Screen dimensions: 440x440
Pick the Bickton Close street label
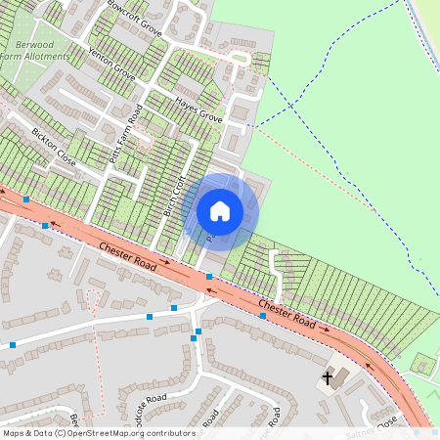pos(53,145)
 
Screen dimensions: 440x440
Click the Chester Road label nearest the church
pos(288,313)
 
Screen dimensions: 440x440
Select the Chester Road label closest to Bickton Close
pos(126,258)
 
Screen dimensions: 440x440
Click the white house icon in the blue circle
pos(220,210)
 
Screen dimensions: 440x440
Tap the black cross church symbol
pos(329,376)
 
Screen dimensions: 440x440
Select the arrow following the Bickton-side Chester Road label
pos(168,261)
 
